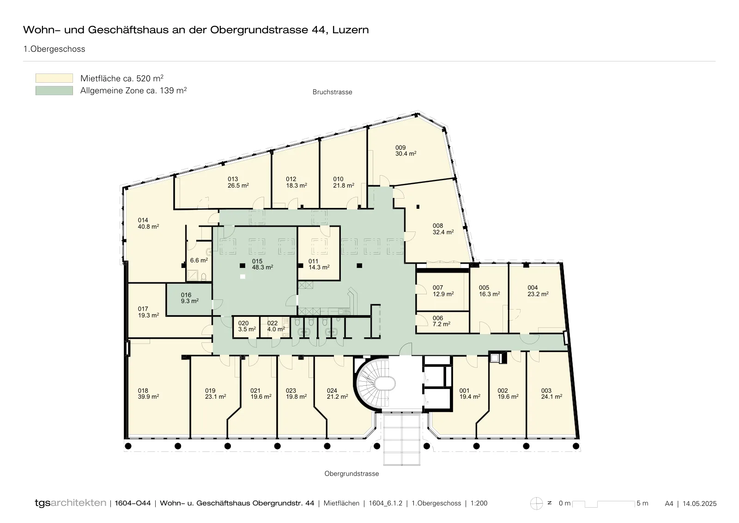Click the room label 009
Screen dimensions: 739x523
pos(400,147)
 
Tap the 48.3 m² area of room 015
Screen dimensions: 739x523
pos(262,267)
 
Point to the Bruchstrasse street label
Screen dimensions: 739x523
pos(332,92)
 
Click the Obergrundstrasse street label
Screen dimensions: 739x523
pos(351,474)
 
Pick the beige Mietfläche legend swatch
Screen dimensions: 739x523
pos(54,78)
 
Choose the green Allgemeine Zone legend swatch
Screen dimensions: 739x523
pos(54,91)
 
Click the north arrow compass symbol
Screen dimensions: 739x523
pos(536,504)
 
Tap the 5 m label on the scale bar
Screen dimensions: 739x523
pos(642,503)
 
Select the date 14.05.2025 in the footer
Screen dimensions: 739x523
pos(699,504)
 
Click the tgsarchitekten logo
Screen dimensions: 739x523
pos(71,503)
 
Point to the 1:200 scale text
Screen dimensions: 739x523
pos(479,503)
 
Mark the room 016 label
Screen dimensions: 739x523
pos(186,295)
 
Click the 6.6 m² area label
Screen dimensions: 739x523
pos(199,261)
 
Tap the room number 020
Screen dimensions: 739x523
pos(243,323)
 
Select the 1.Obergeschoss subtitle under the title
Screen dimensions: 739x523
pos(54,49)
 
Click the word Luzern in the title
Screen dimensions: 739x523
pos(351,30)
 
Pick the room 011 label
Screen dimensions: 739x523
pos(313,261)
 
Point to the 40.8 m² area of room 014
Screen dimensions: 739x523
pos(148,227)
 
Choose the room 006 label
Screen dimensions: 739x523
pos(438,318)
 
